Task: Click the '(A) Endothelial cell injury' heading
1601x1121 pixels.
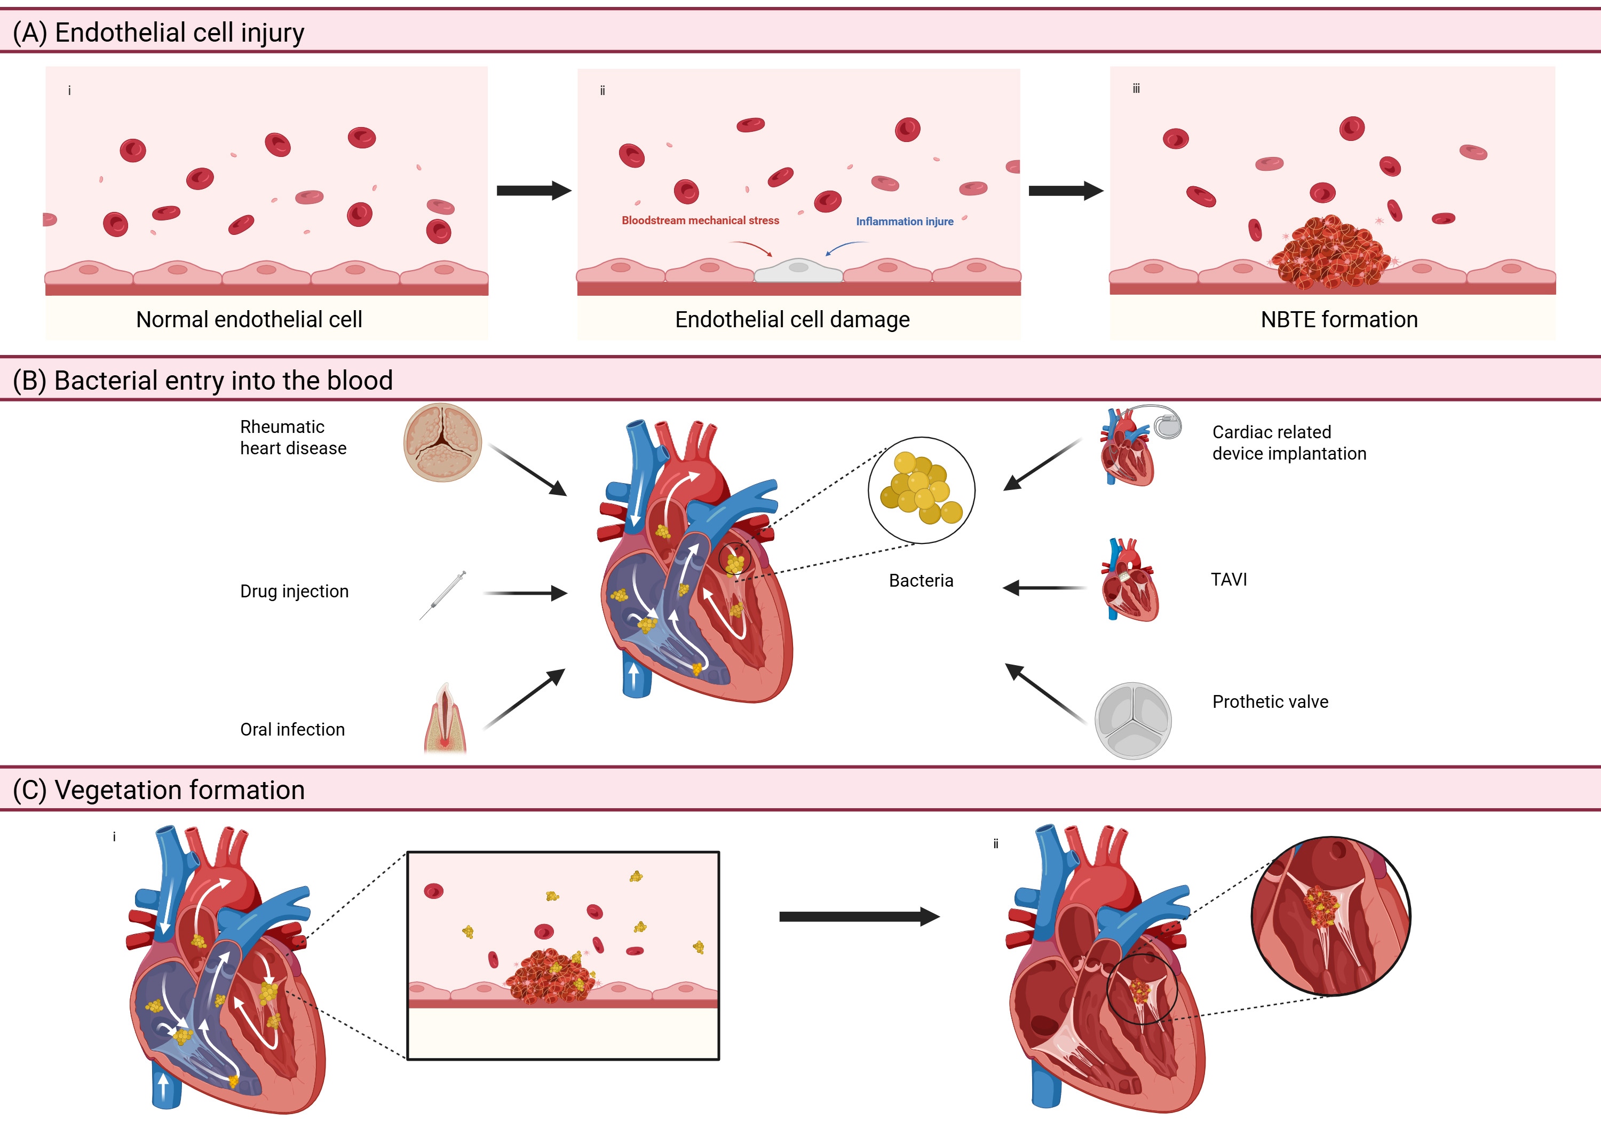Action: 159,33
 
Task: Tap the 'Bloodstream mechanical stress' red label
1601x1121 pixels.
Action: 700,220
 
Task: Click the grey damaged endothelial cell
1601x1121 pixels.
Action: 798,270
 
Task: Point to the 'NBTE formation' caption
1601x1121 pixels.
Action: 1339,320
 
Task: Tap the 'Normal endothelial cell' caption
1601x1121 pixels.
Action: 249,320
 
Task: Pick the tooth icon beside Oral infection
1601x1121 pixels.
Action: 445,718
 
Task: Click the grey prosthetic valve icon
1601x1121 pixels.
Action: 1133,721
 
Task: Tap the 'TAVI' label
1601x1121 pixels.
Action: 1229,580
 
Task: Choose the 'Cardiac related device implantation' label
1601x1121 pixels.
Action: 1289,443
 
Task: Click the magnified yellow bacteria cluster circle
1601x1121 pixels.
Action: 921,490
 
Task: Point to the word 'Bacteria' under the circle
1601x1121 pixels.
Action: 921,580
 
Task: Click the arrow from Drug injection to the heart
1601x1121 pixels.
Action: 526,593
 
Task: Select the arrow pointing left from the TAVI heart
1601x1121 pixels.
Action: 1044,588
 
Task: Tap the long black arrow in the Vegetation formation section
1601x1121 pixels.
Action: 859,917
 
